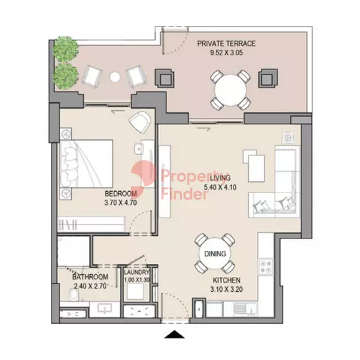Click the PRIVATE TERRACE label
226,43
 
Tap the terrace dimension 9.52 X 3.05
226,53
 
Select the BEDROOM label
120,194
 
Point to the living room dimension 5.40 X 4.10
220,187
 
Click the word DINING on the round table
215,254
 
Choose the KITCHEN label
227,280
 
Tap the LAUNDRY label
137,272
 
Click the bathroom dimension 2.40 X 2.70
90,286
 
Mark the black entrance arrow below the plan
174,335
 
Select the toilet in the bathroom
74,295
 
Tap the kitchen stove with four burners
266,266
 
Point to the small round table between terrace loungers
114,77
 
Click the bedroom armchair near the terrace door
140,122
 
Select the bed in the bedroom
86,163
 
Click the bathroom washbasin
104,308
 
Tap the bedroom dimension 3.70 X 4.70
120,203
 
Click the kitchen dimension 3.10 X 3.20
227,289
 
